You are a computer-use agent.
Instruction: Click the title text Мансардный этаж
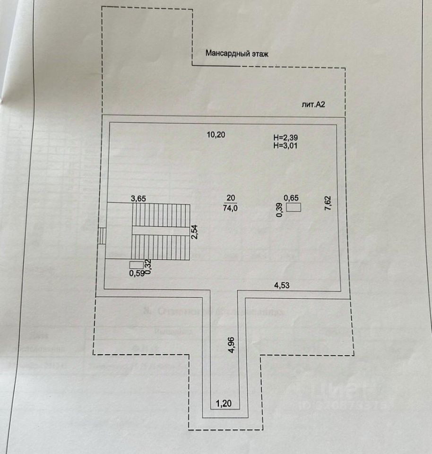coord(237,54)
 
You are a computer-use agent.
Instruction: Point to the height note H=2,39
coord(285,138)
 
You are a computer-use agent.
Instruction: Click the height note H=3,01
coord(285,146)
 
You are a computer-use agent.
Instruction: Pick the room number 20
coord(231,198)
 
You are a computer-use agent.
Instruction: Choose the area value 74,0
coord(231,207)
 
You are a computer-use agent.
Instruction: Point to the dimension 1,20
coord(224,404)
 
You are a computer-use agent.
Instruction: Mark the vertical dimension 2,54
coord(194,232)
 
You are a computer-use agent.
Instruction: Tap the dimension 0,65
coord(291,198)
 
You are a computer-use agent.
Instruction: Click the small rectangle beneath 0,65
coord(294,207)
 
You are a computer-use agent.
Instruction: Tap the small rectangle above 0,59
coord(137,265)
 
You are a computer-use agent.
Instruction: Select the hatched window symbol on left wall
coord(102,236)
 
